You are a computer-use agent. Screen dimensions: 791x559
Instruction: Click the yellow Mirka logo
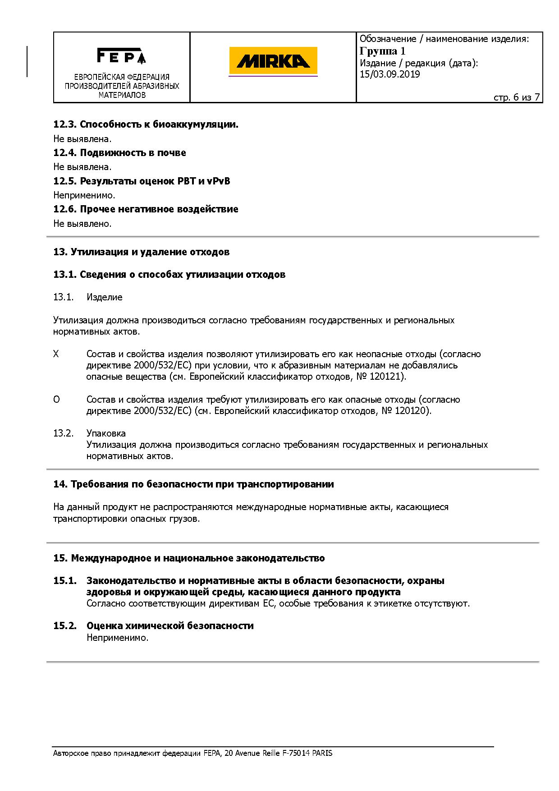[x=273, y=61]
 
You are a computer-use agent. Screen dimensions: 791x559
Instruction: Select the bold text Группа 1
[x=383, y=51]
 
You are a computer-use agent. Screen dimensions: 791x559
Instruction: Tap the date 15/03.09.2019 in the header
[x=390, y=74]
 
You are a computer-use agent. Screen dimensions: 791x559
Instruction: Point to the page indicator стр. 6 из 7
[x=517, y=97]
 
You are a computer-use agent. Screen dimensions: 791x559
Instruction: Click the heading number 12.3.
[x=65, y=124]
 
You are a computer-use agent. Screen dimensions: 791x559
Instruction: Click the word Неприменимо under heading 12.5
[x=84, y=195]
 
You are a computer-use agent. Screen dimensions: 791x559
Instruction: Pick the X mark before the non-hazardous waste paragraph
[x=56, y=354]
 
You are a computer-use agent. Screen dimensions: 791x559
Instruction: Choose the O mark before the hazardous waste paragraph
[x=56, y=400]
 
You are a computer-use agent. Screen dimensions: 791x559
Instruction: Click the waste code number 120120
[x=412, y=411]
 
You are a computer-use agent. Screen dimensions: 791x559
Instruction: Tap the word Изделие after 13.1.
[x=104, y=297]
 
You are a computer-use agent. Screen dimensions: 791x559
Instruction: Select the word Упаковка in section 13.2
[x=106, y=433]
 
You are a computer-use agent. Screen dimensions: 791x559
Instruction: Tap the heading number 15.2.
[x=65, y=626]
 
